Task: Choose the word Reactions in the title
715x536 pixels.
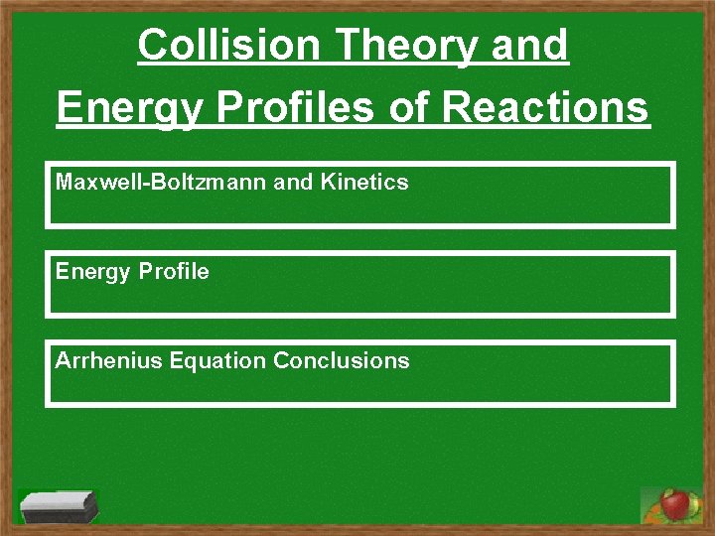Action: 546,108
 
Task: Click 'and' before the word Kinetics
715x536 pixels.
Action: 293,182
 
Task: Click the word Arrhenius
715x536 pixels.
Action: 109,360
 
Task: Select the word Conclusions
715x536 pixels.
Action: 341,360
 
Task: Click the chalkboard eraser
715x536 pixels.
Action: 59,506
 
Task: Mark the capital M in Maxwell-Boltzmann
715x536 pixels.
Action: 64,182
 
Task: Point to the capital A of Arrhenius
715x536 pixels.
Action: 63,360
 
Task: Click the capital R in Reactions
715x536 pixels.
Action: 457,108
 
